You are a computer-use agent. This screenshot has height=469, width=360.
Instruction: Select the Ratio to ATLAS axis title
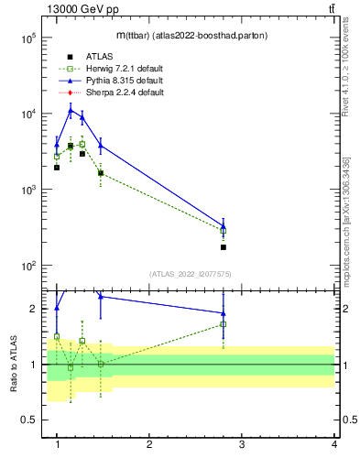[15, 365]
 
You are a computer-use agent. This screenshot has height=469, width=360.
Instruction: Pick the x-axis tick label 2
[149, 445]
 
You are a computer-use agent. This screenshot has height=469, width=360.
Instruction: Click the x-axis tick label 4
[333, 445]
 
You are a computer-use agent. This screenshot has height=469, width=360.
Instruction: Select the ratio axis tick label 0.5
[28, 420]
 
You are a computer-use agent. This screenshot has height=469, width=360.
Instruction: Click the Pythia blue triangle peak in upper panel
[70, 111]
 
